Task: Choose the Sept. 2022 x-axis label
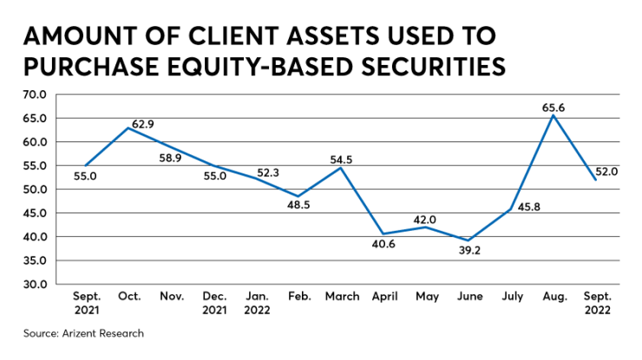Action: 599,302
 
